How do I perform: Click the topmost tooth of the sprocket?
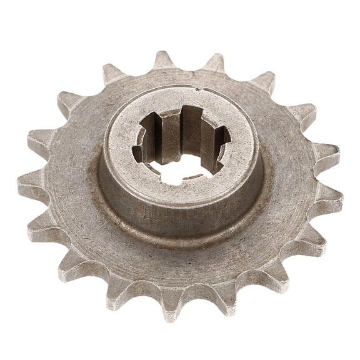(x=163, y=61)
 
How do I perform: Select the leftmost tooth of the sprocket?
(x=28, y=183)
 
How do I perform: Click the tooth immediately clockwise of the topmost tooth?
(x=214, y=63)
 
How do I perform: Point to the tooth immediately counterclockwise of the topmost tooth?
(x=113, y=74)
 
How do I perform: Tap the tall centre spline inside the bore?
(x=185, y=134)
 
